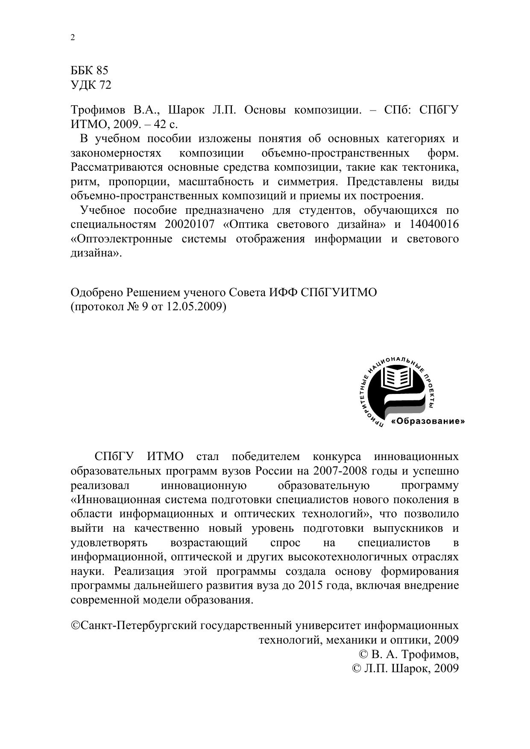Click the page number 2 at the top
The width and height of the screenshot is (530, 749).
tap(73, 38)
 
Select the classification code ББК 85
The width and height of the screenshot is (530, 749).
tap(89, 70)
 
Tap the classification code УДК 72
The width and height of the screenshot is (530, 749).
tap(91, 85)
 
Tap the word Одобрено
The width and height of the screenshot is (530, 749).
tap(97, 293)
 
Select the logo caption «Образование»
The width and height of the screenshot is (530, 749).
tap(428, 421)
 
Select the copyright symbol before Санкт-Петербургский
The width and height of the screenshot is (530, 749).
tap(75, 626)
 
